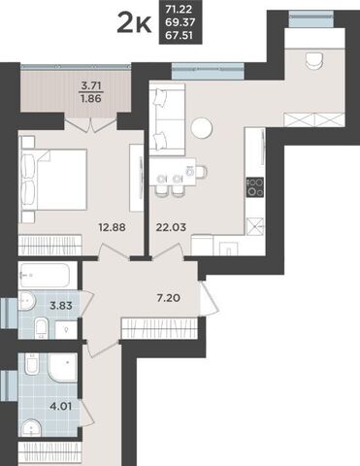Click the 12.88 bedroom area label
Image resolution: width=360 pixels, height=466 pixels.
click(x=112, y=227)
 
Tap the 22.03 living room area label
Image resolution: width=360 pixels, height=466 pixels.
click(x=171, y=227)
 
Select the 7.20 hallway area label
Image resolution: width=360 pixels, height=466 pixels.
click(x=168, y=298)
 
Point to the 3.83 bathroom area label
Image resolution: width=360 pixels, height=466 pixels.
click(x=61, y=305)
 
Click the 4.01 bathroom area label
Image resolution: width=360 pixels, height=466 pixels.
click(x=61, y=406)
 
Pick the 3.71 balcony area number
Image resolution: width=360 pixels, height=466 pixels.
click(x=91, y=85)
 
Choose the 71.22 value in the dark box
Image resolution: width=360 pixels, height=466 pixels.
click(x=180, y=9)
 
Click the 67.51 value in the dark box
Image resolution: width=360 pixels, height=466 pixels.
click(x=180, y=35)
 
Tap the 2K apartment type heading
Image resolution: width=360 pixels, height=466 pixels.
click(x=134, y=22)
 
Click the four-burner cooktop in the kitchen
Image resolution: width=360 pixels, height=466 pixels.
click(x=255, y=187)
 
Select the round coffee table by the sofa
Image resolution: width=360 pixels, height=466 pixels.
click(x=202, y=127)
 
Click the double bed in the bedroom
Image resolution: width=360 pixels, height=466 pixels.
click(x=54, y=179)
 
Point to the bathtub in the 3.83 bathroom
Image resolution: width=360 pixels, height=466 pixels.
click(x=45, y=276)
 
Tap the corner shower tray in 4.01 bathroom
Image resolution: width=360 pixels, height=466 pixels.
click(x=63, y=367)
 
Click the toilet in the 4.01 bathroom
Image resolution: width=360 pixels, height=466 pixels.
click(x=32, y=364)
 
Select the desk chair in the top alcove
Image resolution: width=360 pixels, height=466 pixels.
click(x=313, y=60)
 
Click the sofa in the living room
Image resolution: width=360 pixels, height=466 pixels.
click(x=168, y=119)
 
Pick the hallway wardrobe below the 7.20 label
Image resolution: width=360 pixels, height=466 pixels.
click(x=159, y=328)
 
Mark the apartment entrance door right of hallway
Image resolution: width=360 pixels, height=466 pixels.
click(x=209, y=298)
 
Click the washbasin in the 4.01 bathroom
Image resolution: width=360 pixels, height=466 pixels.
click(x=31, y=428)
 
